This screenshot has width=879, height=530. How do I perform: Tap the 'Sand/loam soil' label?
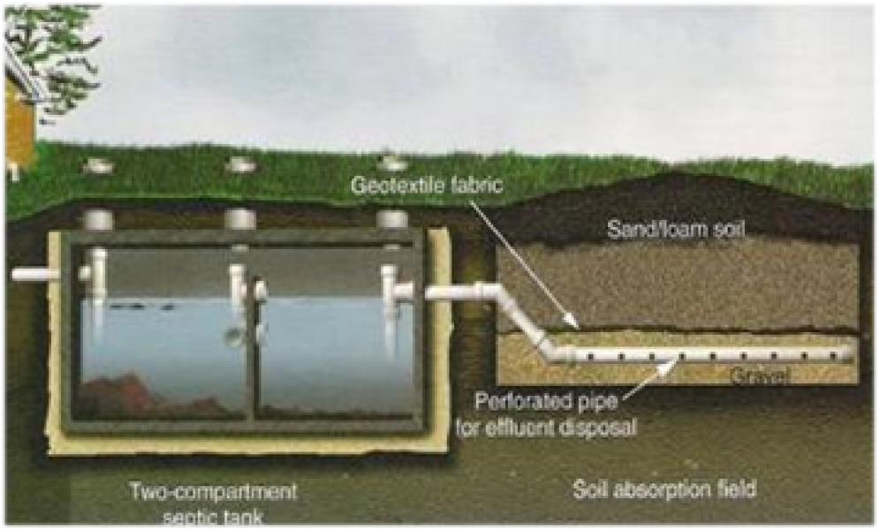click(x=676, y=230)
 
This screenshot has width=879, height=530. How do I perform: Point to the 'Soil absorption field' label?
click(x=663, y=488)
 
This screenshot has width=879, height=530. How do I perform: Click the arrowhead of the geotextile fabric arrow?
click(x=573, y=324)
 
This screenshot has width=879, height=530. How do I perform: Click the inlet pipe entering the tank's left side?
click(x=35, y=275)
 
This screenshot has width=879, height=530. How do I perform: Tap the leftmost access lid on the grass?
click(x=101, y=165)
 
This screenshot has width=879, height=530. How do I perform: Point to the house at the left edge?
click(x=16, y=115)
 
